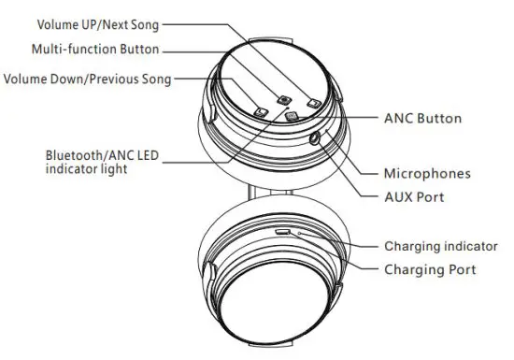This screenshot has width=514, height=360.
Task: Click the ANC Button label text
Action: click(422, 119)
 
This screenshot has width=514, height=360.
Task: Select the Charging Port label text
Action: click(430, 269)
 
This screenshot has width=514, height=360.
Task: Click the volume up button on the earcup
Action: click(313, 104)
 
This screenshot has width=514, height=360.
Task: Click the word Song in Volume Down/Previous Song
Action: click(155, 79)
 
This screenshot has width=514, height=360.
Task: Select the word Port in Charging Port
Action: click(460, 269)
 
